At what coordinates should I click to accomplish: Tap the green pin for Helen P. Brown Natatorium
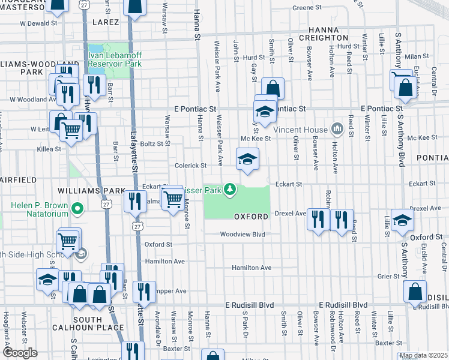(76, 209)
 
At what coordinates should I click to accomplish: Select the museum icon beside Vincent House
(337, 129)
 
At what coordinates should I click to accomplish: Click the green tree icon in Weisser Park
(229, 190)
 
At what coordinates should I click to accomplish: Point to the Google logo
(20, 353)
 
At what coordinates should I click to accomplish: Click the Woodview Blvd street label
(242, 235)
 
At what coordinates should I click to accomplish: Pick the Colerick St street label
(190, 166)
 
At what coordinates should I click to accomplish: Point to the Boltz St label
(151, 143)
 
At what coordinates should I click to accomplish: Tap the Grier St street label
(388, 276)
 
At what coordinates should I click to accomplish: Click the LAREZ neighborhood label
(106, 22)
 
